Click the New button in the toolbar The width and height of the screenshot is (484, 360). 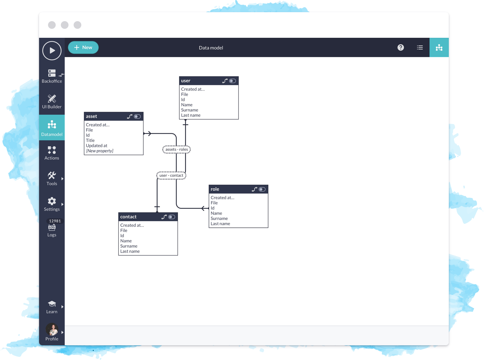coord(83,48)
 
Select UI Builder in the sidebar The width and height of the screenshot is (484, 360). coord(52,102)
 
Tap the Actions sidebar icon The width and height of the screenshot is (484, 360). coord(52,150)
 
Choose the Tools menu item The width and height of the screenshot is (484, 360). coord(52,179)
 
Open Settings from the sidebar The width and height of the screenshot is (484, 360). coord(52,204)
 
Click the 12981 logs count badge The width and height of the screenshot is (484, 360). coord(55,221)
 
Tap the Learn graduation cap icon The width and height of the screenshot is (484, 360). coord(52,304)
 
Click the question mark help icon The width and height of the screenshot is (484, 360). coord(401,48)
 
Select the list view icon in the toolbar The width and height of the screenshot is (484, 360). coord(420,48)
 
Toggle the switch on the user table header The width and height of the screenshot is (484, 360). coord(233,81)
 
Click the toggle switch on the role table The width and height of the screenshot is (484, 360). coord(262,190)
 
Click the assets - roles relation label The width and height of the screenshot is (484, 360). coord(177,150)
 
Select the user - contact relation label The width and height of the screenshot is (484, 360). coord(171,176)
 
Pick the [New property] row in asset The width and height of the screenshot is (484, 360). coord(100,151)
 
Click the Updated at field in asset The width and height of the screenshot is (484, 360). coord(97,146)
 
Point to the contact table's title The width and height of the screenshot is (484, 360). coord(128,217)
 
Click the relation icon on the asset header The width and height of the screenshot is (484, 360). coord(130,117)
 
